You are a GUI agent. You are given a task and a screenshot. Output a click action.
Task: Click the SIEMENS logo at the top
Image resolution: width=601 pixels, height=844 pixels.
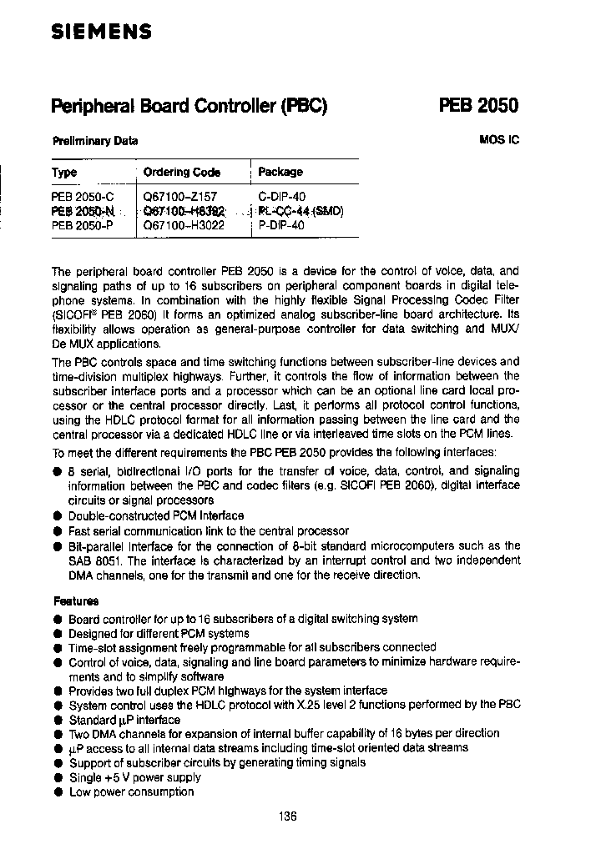click(101, 33)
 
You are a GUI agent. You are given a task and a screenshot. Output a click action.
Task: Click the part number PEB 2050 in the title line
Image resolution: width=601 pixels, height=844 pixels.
click(478, 106)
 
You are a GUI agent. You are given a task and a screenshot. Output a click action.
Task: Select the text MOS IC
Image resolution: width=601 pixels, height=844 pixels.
click(499, 140)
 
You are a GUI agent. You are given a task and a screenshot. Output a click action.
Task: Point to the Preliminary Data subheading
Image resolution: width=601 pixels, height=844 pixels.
click(95, 141)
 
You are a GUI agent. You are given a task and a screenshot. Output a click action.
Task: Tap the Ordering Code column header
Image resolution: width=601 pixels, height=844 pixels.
click(182, 173)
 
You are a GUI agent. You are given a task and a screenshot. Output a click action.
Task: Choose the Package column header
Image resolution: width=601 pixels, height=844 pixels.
click(280, 172)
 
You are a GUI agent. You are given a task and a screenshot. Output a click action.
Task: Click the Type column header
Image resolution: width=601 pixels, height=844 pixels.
click(64, 173)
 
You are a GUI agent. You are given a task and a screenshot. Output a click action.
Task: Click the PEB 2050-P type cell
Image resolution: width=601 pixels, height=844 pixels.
click(82, 224)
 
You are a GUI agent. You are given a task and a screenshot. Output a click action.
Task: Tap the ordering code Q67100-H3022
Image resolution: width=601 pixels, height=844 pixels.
click(184, 224)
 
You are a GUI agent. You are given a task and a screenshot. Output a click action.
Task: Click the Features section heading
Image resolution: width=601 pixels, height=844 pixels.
click(76, 600)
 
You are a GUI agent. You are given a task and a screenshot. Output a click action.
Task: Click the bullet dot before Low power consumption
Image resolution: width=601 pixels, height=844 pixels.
click(58, 791)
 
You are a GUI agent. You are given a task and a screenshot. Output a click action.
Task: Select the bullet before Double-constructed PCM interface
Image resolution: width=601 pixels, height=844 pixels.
click(58, 516)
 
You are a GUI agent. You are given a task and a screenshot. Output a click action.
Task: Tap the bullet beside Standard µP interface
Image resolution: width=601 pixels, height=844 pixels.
click(58, 720)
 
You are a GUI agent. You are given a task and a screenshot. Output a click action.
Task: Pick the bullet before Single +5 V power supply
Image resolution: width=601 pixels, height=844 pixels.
click(58, 777)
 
